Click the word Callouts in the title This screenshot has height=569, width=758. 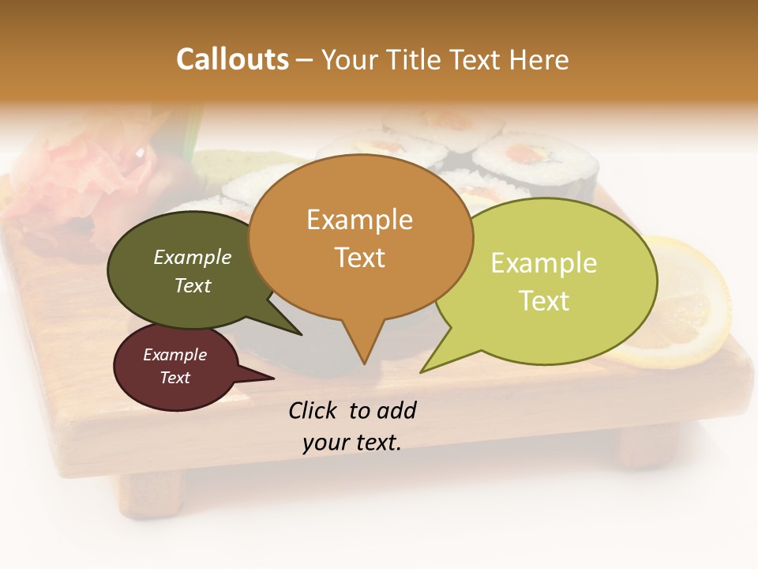232,59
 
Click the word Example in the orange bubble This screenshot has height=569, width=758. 359,220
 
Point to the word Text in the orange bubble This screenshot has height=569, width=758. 359,257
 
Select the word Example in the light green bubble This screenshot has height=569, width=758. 543,263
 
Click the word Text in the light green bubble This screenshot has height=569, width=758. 544,300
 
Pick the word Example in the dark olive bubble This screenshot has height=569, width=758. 192,258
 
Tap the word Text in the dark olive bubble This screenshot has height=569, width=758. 192,285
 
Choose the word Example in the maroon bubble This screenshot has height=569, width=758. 174,355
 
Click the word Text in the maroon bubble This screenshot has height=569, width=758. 174,378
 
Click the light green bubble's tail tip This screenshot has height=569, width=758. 422,371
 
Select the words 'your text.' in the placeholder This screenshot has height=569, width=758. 352,443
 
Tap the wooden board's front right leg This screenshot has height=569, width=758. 647,447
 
